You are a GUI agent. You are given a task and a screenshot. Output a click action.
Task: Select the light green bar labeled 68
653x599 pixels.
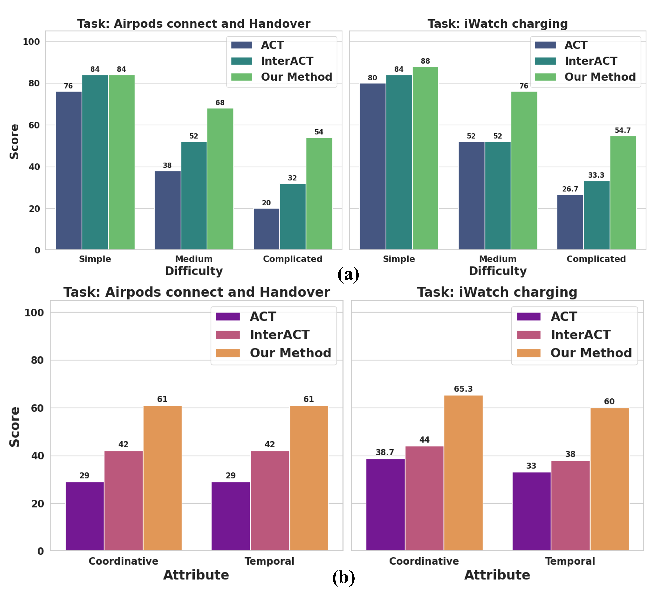[220, 179]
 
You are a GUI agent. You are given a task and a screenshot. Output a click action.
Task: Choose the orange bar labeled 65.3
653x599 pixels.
[463, 473]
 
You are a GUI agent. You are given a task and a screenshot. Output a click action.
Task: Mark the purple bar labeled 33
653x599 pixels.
[531, 512]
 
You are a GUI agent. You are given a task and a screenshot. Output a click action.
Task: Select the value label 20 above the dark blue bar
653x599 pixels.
[266, 203]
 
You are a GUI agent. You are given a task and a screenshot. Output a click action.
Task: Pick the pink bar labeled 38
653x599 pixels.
[570, 506]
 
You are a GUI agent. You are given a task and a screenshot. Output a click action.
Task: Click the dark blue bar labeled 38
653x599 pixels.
[167, 210]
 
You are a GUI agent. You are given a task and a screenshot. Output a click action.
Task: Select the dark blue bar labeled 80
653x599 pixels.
[372, 167]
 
